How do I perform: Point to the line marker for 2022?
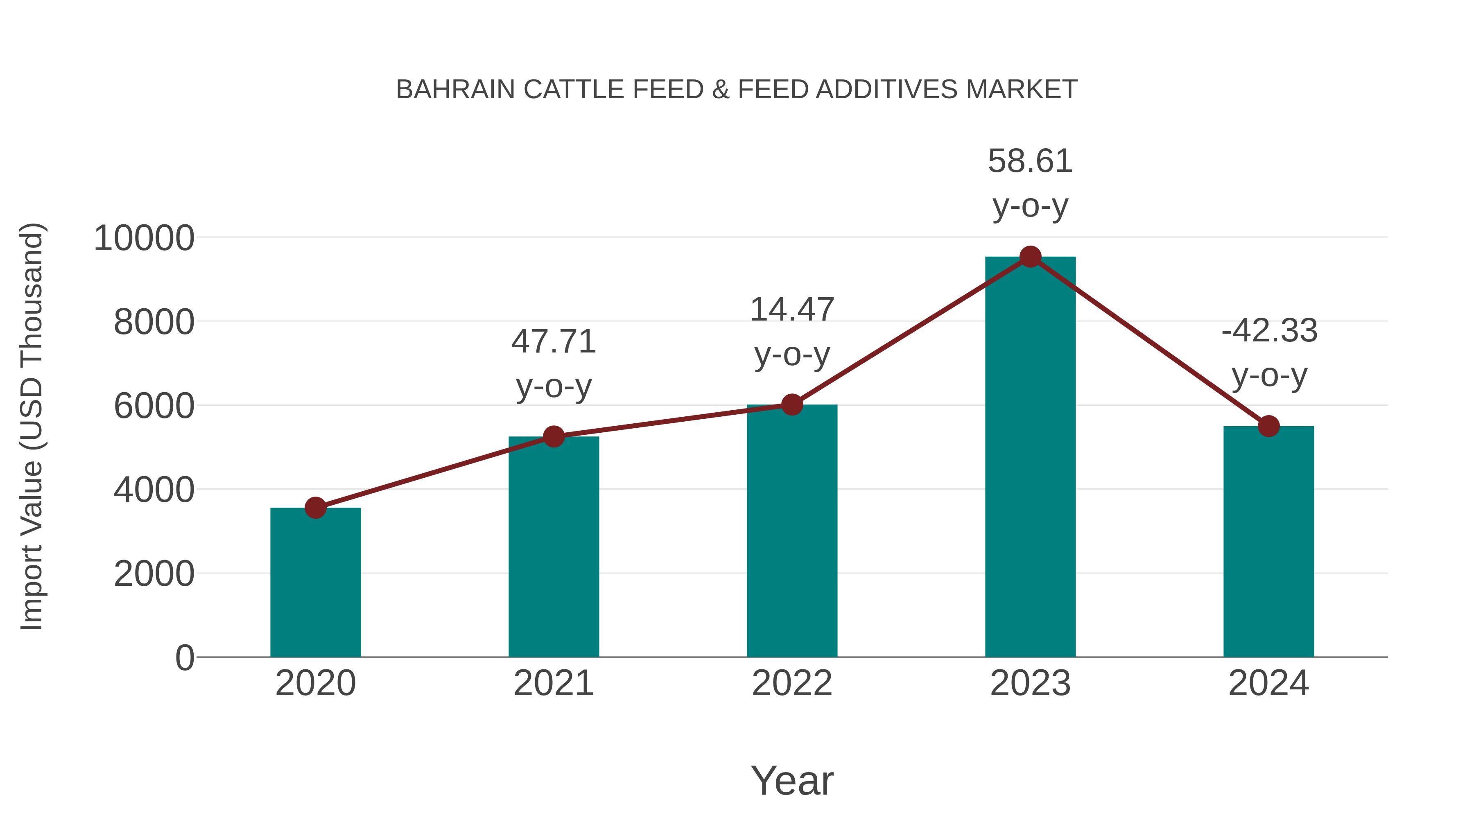pyautogui.click(x=792, y=404)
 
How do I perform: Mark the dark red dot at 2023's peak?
pyautogui.click(x=1030, y=257)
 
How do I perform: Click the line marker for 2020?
pyautogui.click(x=315, y=508)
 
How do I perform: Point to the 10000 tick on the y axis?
pyautogui.click(x=144, y=238)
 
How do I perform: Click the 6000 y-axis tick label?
pyautogui.click(x=154, y=406)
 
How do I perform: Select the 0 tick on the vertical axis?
pyautogui.click(x=185, y=657)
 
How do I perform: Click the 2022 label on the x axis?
pyautogui.click(x=792, y=683)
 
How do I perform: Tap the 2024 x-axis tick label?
pyautogui.click(x=1268, y=683)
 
